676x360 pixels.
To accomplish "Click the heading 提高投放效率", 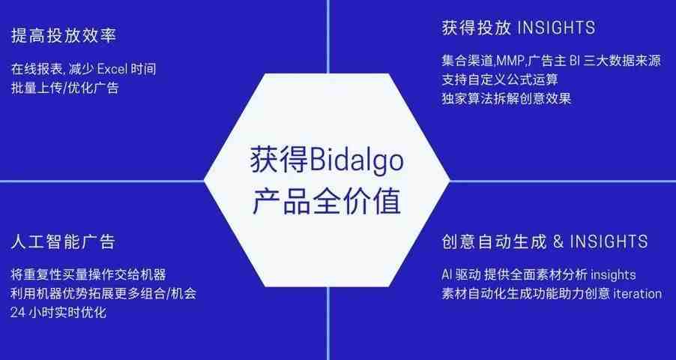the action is pos(64,35).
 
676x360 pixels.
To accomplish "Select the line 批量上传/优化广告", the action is pos(64,88).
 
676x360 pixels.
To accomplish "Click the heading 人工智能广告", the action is pos(64,241).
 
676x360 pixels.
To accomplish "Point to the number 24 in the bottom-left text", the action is pos(18,313).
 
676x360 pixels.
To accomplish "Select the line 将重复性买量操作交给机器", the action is pos(88,274).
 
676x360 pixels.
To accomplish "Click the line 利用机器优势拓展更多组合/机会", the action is pos(103,293).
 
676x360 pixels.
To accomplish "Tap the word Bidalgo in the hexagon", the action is pos(357,160).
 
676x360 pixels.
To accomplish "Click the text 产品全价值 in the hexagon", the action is pos(326,201).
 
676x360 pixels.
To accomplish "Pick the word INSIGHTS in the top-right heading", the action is pos(556,28).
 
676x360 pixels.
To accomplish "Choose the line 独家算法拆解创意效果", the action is pos(507,99).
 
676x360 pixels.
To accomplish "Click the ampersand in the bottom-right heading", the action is pos(558,241).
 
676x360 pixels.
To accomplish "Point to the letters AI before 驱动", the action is pos(447,274).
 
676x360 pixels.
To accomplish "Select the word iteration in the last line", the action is pos(637,294).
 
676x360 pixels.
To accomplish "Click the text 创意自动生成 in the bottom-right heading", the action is pos(495,241).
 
